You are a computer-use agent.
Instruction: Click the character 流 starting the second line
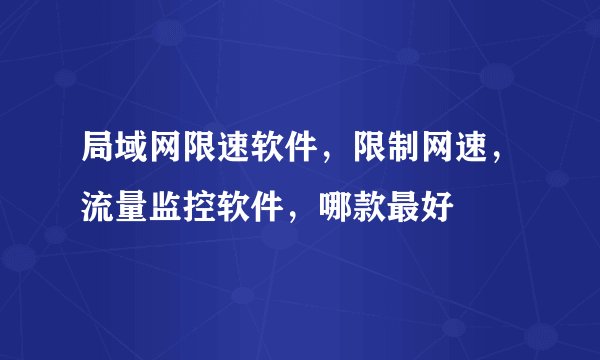pyautogui.click(x=98, y=210)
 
